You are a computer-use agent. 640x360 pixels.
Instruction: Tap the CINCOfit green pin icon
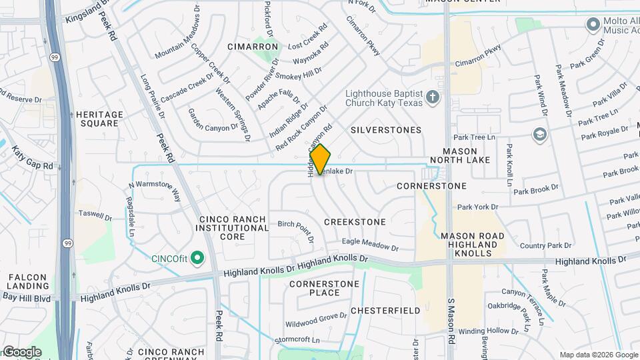[197, 257]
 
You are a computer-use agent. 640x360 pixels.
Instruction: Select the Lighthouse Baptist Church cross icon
[433, 98]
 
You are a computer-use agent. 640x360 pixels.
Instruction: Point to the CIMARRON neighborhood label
[253, 47]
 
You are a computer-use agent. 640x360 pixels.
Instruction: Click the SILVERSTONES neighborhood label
[386, 130]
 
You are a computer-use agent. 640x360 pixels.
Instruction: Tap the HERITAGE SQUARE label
[99, 119]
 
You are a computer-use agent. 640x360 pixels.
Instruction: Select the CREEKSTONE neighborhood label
[355, 221]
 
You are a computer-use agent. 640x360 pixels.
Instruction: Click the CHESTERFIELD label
[385, 311]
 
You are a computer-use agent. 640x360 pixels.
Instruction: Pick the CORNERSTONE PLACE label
[315, 288]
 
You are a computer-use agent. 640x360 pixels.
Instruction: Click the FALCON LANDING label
[27, 281]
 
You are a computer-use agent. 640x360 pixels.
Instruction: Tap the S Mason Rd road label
[451, 331]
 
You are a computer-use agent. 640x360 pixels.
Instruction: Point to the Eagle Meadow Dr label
[370, 245]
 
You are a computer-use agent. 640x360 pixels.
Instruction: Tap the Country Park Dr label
[546, 246]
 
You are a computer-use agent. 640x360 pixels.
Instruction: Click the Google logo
[21, 352]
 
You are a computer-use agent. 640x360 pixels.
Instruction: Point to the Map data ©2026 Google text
[598, 355]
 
